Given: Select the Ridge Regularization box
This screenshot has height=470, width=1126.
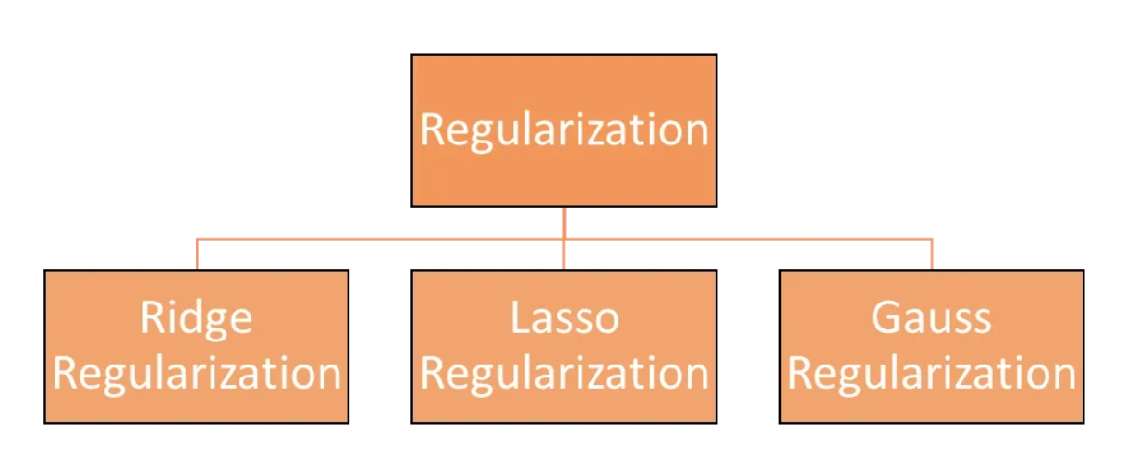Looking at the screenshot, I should [x=196, y=346].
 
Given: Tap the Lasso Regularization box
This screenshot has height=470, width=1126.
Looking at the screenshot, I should [x=564, y=346].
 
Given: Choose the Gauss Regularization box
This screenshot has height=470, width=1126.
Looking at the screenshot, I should [x=932, y=346].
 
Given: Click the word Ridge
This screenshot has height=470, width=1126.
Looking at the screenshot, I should [x=196, y=319].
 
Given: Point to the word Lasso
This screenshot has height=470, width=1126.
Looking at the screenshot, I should [x=564, y=318].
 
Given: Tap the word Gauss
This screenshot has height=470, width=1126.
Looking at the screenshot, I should [x=931, y=318].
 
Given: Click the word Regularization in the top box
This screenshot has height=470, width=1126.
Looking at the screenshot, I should [x=564, y=130].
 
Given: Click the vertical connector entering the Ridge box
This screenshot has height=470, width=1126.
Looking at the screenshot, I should [x=197, y=255].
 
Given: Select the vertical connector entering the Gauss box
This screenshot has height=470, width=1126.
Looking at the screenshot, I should [x=932, y=255].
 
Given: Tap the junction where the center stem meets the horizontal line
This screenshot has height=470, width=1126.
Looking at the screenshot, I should [x=564, y=239].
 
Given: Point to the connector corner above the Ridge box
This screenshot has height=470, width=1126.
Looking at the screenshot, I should [x=197, y=239].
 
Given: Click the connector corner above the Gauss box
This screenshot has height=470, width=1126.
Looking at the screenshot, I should [x=932, y=239].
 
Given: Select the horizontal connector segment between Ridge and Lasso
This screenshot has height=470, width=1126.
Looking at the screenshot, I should [x=379, y=239].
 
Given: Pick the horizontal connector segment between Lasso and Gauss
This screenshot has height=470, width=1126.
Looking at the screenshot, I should [x=749, y=239].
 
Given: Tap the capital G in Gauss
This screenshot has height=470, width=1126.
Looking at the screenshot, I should [x=886, y=318].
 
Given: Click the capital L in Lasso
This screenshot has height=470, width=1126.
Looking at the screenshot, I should [x=520, y=318].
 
